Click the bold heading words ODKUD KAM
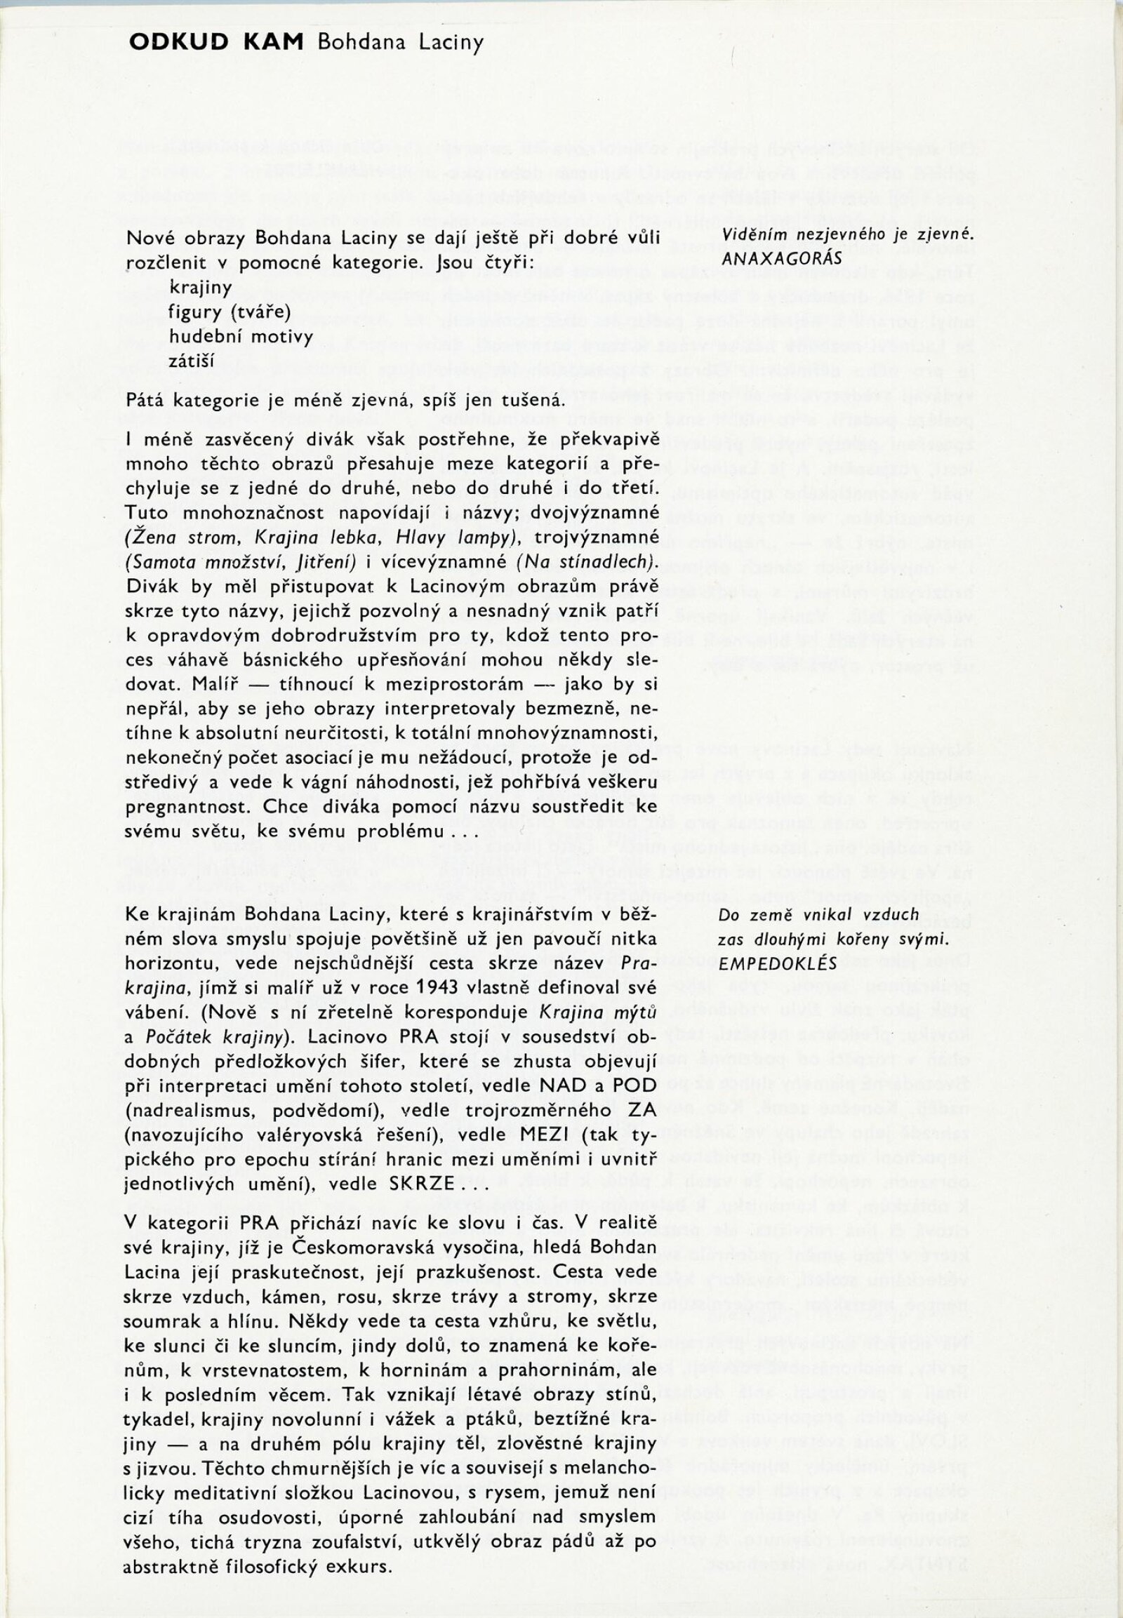(x=216, y=43)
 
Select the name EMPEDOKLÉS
(x=778, y=963)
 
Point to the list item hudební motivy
(x=241, y=336)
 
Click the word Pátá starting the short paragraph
(x=147, y=401)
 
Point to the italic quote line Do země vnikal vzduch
(x=818, y=914)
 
